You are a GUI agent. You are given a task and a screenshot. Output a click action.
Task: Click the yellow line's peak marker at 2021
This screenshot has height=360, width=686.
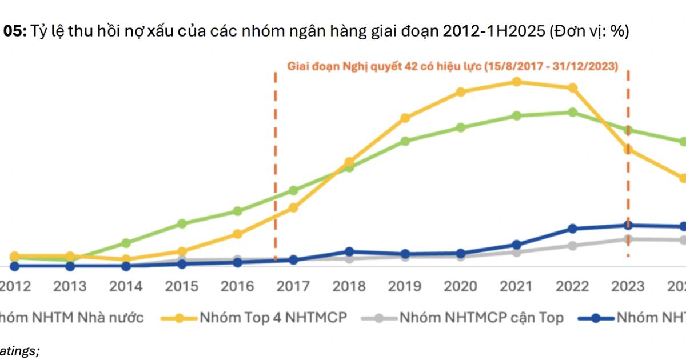click(x=516, y=82)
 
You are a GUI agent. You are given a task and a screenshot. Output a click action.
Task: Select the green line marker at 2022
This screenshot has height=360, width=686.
click(x=572, y=112)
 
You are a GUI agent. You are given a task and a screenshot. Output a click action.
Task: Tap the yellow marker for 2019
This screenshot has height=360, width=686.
click(x=405, y=118)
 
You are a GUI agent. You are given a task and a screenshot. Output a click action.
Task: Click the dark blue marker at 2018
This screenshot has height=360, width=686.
click(x=349, y=251)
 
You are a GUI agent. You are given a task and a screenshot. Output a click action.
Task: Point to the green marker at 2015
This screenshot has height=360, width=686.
click(x=182, y=223)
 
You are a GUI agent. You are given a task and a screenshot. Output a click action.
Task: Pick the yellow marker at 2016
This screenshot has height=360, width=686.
click(x=237, y=234)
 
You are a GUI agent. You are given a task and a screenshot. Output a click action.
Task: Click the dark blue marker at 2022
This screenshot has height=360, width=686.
click(x=572, y=229)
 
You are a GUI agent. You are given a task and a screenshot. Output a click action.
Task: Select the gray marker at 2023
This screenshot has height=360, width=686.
click(x=628, y=239)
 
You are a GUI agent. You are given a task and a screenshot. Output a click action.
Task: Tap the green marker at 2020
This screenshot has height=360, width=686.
click(x=461, y=127)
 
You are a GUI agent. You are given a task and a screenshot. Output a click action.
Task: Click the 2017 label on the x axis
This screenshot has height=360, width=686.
click(x=293, y=285)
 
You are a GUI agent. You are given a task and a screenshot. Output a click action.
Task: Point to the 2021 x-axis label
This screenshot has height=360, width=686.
click(x=516, y=285)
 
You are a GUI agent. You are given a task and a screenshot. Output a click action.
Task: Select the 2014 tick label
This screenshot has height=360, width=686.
click(x=126, y=285)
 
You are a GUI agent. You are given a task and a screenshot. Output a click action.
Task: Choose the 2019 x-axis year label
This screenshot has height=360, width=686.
click(x=405, y=285)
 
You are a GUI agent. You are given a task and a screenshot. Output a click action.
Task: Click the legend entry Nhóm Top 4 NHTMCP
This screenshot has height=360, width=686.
click(x=272, y=317)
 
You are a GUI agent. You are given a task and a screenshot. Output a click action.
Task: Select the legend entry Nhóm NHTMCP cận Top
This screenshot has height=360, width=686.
click(x=481, y=317)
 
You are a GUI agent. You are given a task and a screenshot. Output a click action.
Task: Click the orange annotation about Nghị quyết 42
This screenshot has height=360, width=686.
click(x=452, y=66)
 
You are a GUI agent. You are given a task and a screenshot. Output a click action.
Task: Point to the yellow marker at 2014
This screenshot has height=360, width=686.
click(x=126, y=259)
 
